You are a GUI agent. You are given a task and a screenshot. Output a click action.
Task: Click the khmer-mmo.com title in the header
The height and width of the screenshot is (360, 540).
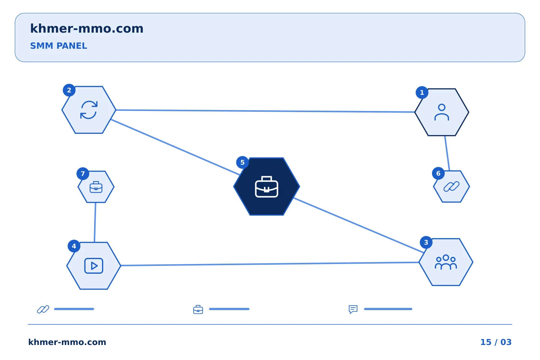click(x=87, y=29)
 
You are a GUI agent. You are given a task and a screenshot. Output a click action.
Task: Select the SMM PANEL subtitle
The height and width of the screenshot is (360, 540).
click(x=58, y=46)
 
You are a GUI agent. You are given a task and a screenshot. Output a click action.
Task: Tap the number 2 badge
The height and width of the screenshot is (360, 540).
click(x=69, y=90)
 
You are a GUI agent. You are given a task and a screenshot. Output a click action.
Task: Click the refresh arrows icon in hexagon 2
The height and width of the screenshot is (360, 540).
click(x=89, y=110)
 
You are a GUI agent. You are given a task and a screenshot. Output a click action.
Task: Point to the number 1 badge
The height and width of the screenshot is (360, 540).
click(x=422, y=93)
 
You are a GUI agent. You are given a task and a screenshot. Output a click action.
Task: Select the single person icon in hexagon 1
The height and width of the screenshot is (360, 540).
click(x=442, y=112)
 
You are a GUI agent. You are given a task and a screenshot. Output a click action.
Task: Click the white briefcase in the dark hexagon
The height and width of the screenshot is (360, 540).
click(x=267, y=187)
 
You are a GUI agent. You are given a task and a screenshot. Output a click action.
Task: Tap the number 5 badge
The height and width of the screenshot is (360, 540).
click(x=243, y=162)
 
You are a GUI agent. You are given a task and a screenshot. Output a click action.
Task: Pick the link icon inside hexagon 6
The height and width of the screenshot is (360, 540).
click(x=451, y=187)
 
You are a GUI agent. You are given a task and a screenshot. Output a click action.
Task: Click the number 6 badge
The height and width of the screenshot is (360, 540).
click(x=438, y=173)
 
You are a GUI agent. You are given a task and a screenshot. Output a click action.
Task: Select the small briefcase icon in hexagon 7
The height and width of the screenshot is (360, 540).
click(x=96, y=187)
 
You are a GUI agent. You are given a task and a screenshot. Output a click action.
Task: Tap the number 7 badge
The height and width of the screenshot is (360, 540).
click(x=82, y=174)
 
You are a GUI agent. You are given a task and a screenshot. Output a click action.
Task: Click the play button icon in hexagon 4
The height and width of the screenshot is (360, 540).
click(x=94, y=266)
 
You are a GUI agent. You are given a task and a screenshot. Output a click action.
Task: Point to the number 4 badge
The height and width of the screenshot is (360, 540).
click(x=74, y=246)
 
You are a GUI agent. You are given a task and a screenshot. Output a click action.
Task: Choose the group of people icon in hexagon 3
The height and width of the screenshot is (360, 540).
click(x=446, y=262)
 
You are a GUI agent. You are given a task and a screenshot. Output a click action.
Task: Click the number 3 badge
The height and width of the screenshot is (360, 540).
click(x=426, y=242)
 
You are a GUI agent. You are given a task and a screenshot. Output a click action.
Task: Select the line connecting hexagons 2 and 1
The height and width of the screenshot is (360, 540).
click(x=265, y=111)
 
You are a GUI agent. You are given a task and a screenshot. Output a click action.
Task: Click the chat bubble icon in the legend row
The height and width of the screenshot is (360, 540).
click(x=353, y=309)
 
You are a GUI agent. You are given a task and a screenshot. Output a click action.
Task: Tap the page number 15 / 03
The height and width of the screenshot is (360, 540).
click(x=496, y=342)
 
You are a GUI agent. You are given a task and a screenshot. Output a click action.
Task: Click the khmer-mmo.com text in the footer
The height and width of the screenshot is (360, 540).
click(x=67, y=342)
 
